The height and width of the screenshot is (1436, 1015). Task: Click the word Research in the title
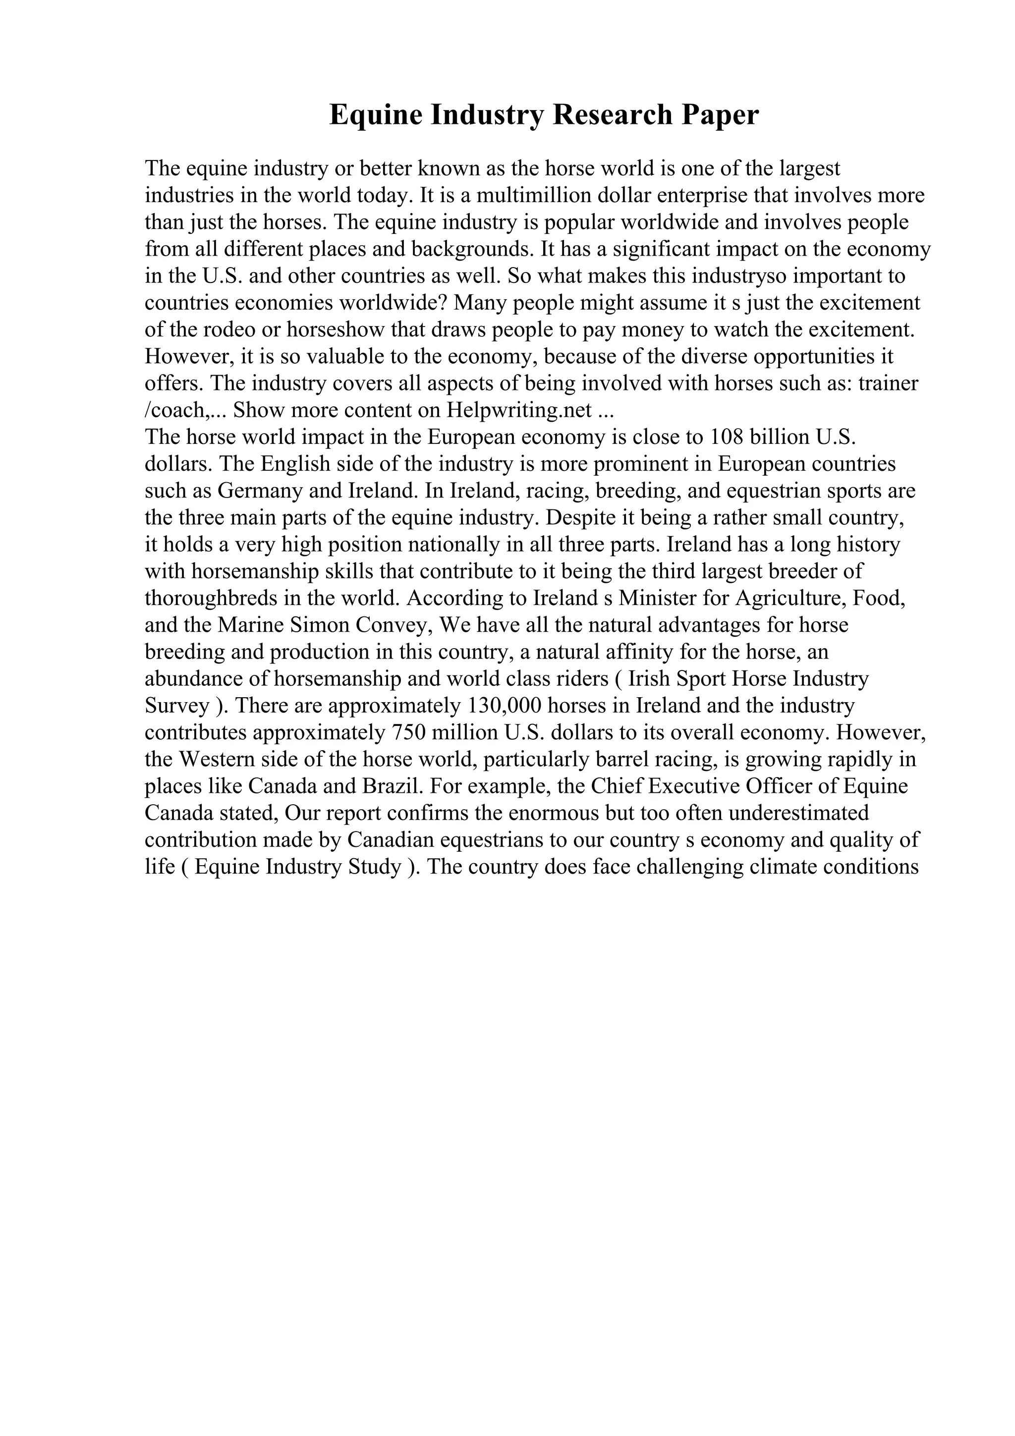click(609, 115)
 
